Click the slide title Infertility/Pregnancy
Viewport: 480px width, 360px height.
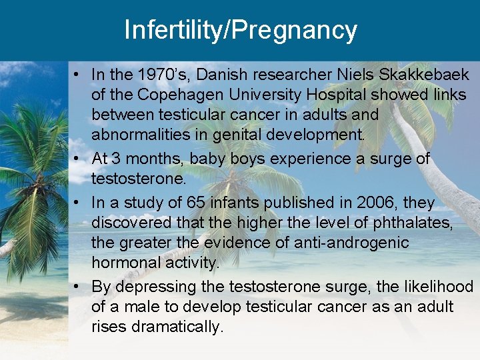(240, 31)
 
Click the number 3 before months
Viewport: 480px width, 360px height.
(116, 159)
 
